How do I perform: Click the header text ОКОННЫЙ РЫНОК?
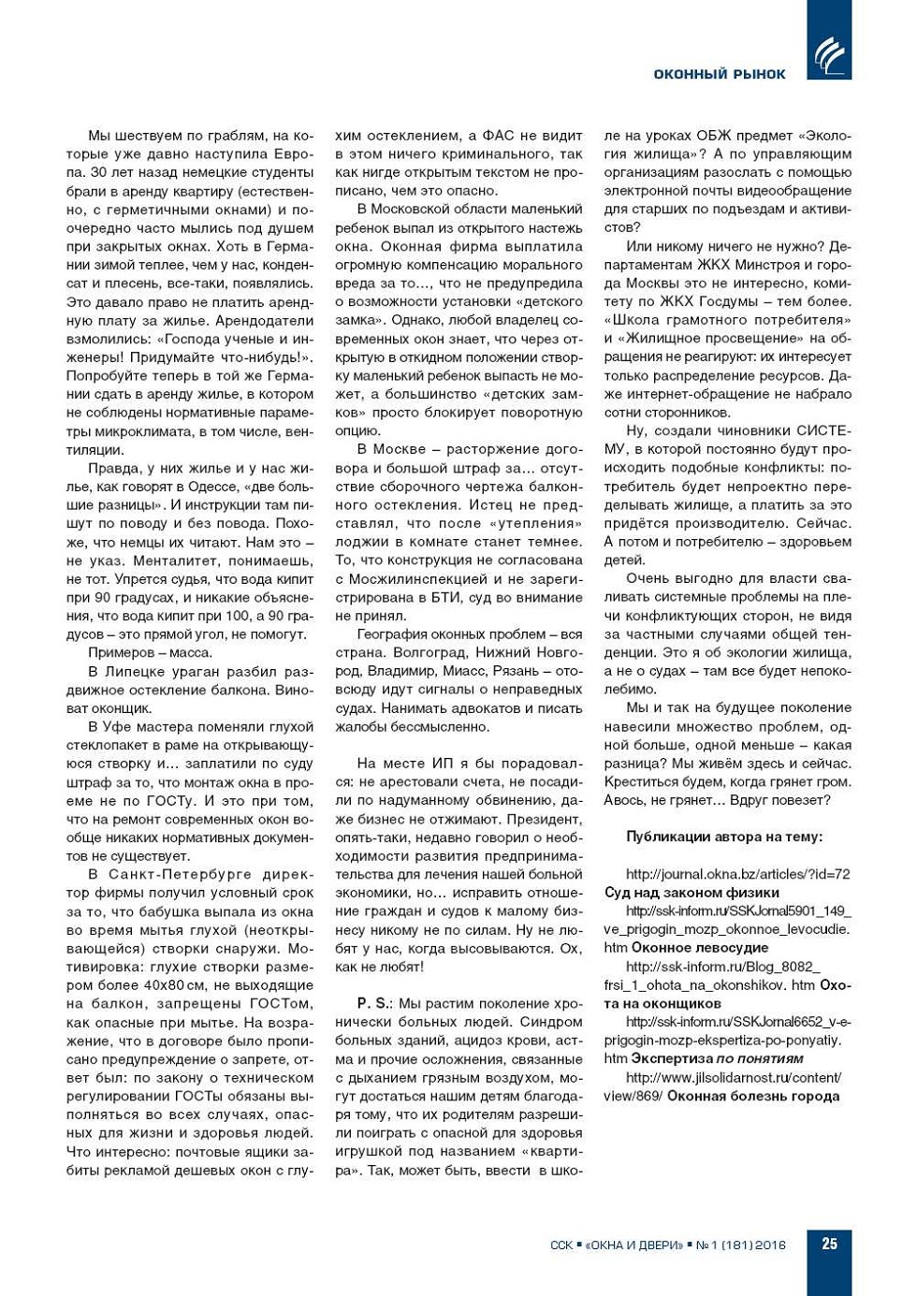point(720,74)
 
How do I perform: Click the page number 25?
point(829,1244)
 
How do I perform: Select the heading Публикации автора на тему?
point(724,837)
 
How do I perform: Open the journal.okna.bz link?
point(737,874)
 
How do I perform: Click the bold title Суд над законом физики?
point(691,892)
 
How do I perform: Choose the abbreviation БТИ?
point(422,597)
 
